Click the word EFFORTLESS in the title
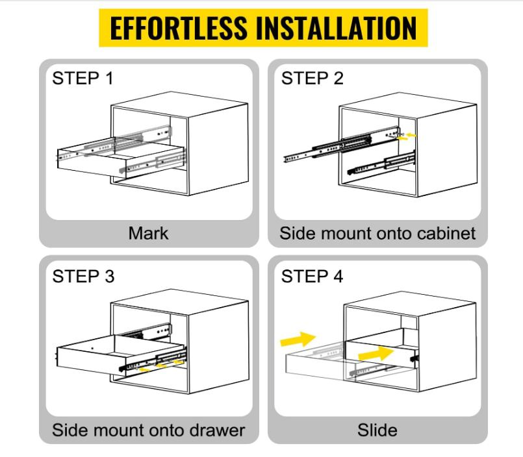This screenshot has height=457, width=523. [x=179, y=28]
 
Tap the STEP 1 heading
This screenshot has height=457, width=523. [x=83, y=79]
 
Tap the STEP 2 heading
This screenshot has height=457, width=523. [x=313, y=79]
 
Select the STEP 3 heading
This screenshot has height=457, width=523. [x=83, y=277]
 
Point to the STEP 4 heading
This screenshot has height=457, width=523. [x=313, y=277]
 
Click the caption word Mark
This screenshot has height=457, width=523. [x=148, y=233]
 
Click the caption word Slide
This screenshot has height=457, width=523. [x=377, y=430]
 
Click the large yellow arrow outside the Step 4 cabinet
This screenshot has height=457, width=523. [x=298, y=340]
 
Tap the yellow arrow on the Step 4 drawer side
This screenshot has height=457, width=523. [x=376, y=353]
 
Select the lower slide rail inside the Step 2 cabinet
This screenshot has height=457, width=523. [x=381, y=163]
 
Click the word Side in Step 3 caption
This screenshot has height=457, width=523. [x=70, y=430]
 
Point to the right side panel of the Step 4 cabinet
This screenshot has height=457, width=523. [x=447, y=347]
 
